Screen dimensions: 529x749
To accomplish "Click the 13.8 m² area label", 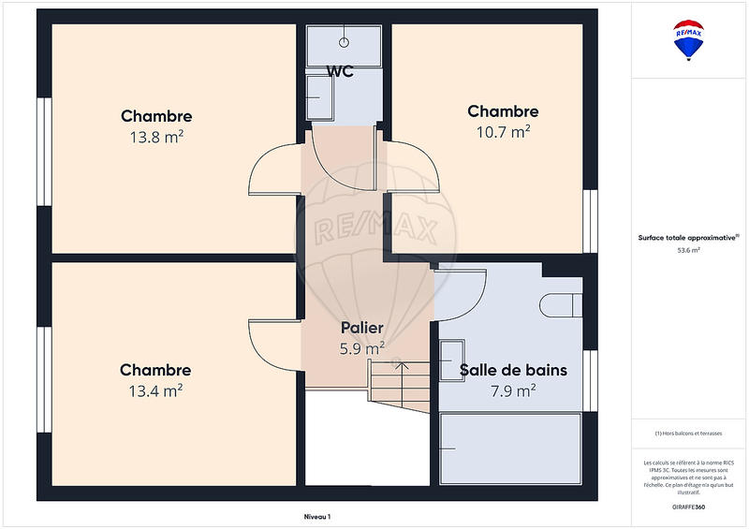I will [156, 136].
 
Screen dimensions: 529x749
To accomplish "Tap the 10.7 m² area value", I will [504, 131].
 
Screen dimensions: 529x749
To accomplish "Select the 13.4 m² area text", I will [155, 390].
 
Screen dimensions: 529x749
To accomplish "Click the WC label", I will [340, 71].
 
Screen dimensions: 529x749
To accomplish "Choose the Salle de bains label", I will [513, 370].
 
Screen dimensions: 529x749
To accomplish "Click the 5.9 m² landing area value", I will [361, 348].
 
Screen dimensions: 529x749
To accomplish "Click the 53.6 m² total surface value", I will [689, 250].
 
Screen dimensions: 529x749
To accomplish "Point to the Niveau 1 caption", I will [317, 516].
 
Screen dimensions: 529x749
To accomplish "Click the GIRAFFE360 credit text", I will [689, 506].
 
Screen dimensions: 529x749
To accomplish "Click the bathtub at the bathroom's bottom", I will [511, 448].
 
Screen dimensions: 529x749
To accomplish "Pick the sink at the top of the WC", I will [344, 43].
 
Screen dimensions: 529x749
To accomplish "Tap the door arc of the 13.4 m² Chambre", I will [272, 342].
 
